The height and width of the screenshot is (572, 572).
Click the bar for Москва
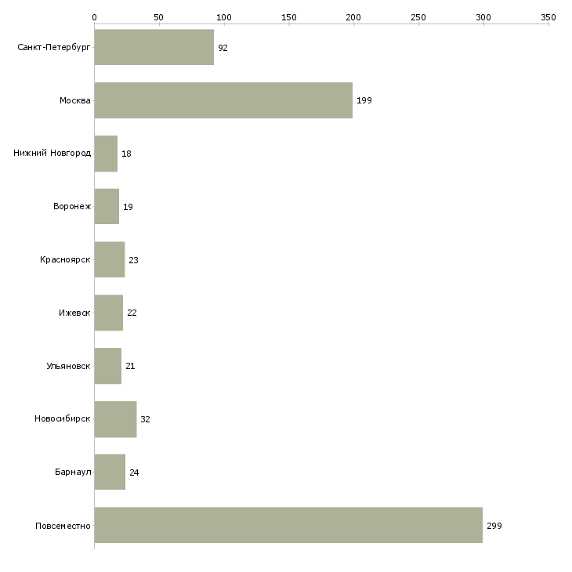coord(223,100)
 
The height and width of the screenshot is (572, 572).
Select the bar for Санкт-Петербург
coord(154,47)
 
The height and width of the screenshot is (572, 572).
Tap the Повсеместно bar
coord(288,525)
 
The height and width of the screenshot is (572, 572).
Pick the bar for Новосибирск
coord(115,419)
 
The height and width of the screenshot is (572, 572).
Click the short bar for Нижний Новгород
coord(106,154)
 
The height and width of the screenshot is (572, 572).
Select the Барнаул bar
coord(110,472)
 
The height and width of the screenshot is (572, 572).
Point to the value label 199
coord(364,101)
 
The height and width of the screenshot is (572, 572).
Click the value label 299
coord(494,526)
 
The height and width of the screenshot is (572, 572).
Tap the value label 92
coord(223,48)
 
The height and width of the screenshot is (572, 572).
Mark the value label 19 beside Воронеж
coord(128,207)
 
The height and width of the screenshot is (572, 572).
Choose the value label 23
coord(133,260)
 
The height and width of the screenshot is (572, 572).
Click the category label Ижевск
coord(74,313)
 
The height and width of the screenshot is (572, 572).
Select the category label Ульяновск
coord(68,366)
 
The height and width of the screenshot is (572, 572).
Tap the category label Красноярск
coord(65,259)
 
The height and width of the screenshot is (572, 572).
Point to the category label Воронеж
coord(72,207)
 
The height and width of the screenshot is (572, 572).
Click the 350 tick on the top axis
coord(548,16)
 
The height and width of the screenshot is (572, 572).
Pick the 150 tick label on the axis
coord(288,16)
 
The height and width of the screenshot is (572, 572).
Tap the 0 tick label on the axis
coord(94,16)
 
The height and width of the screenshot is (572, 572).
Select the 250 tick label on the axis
coord(418,16)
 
